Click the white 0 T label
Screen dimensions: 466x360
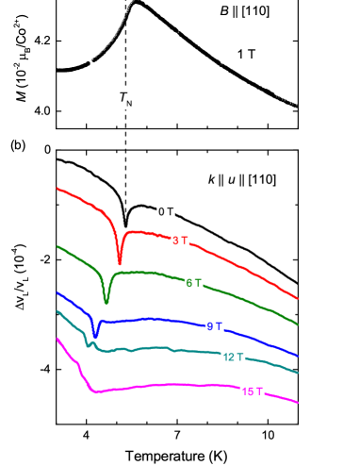(166, 211)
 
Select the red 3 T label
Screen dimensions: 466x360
(180, 241)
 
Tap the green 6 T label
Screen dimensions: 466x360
(194, 283)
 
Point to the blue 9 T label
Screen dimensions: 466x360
(214, 326)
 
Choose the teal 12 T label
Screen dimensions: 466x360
(233, 357)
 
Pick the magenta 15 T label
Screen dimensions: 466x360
(252, 391)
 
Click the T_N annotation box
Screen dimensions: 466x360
(125, 99)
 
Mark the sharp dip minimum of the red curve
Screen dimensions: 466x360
(120, 263)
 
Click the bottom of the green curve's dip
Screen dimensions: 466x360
(106, 302)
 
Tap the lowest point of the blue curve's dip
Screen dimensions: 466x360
(95, 336)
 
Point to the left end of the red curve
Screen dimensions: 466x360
(57, 189)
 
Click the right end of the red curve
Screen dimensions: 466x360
(298, 298)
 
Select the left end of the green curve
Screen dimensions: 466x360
(57, 246)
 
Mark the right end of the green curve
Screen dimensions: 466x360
(298, 325)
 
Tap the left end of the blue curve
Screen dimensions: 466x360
(57, 292)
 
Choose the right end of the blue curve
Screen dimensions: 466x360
(298, 356)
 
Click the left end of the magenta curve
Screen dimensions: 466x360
(57, 339)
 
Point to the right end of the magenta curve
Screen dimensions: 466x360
(298, 402)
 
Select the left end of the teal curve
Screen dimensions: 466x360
(57, 311)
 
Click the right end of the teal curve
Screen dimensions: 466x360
(298, 373)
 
